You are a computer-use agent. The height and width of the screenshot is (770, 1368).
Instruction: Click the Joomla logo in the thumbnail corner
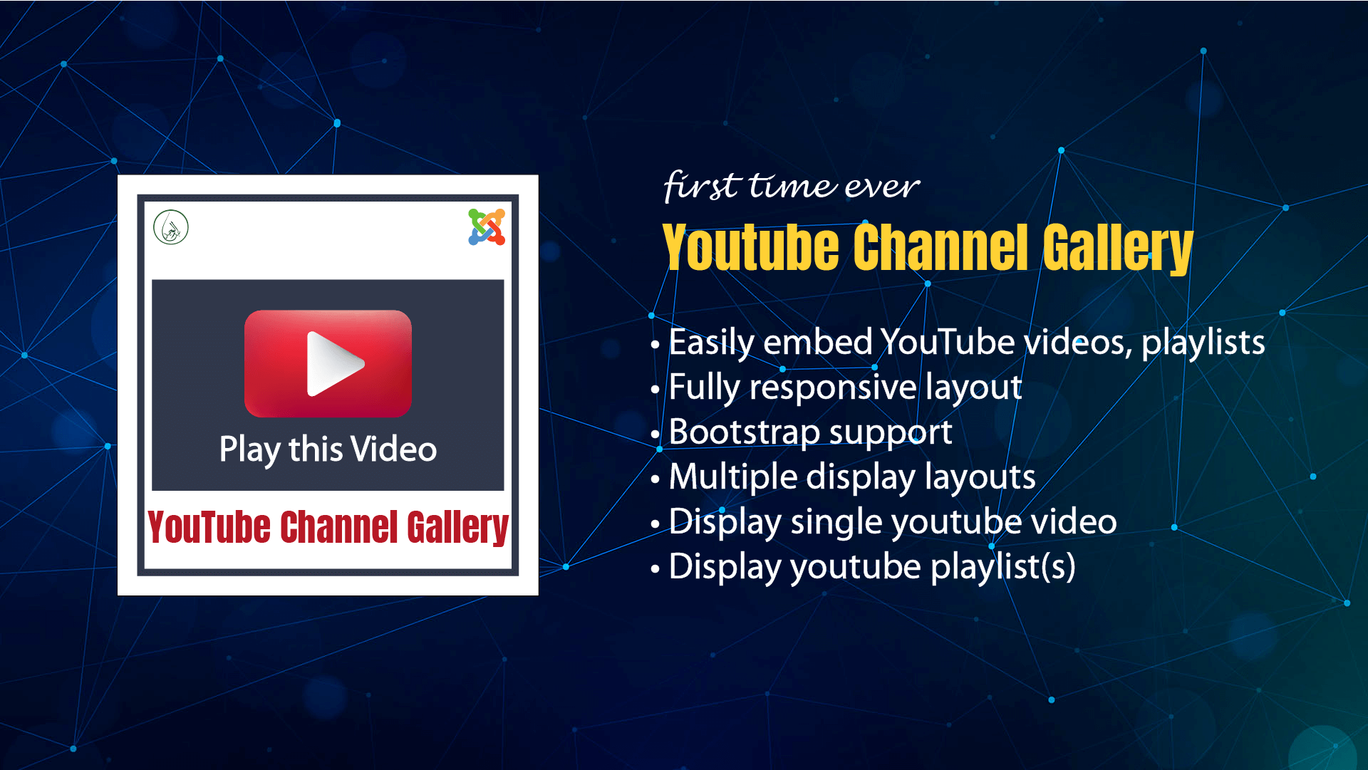(x=487, y=227)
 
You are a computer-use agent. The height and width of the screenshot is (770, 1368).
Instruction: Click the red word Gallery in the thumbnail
(x=457, y=528)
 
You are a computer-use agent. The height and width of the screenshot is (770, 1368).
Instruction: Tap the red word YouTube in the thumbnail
(x=209, y=528)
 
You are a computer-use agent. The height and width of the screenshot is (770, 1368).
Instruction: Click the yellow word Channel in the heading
(x=940, y=247)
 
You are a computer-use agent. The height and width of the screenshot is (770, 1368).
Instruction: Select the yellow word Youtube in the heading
(x=750, y=247)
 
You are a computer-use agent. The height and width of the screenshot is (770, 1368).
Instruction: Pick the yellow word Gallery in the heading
(x=1117, y=247)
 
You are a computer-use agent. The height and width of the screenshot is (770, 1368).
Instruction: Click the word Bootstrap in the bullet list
(x=745, y=432)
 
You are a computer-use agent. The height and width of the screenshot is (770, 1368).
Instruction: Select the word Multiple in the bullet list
(x=732, y=477)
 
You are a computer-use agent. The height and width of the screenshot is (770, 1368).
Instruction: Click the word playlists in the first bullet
(x=1203, y=343)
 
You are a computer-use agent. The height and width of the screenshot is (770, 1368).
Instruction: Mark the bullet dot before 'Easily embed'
(x=655, y=345)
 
